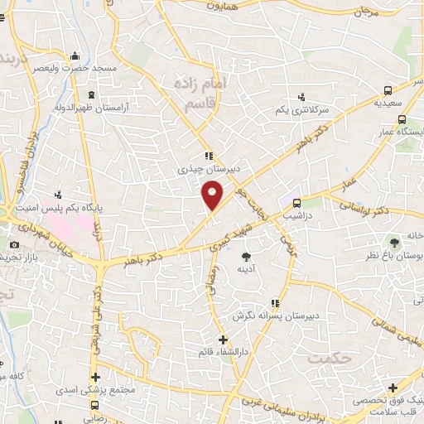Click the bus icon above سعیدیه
click(389, 91)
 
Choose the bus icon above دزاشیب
click(295, 200)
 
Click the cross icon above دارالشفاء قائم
click(222, 340)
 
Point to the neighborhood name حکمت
click(328, 358)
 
